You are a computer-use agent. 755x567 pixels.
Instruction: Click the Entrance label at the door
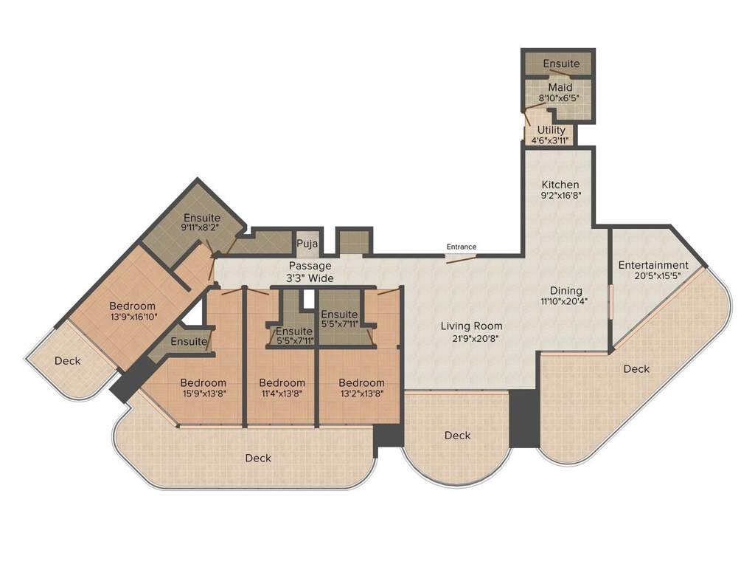click(x=462, y=247)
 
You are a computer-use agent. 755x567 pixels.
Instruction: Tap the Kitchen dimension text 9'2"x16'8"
click(x=560, y=197)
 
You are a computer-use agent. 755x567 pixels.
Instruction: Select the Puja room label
click(x=307, y=244)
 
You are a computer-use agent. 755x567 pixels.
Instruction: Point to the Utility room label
click(x=552, y=130)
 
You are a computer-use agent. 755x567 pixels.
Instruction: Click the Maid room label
click(x=560, y=88)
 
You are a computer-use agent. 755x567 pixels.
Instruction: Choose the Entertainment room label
click(x=653, y=265)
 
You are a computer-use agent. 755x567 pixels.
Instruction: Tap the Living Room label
click(x=472, y=326)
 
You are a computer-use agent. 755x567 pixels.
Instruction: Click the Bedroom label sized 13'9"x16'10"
click(x=133, y=306)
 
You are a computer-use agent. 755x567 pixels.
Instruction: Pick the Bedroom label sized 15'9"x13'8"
click(x=203, y=382)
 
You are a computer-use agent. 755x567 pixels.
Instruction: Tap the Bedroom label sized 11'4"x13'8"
click(x=282, y=382)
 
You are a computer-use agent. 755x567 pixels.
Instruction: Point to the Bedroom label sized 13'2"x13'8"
click(x=361, y=382)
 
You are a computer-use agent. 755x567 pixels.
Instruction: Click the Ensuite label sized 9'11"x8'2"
click(x=202, y=218)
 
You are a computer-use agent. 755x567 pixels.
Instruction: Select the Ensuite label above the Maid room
click(x=561, y=64)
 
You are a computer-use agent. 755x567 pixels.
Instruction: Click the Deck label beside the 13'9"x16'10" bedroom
click(x=68, y=361)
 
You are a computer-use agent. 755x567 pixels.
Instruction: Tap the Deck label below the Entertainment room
click(x=636, y=368)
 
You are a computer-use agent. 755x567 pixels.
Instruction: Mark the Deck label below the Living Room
click(x=457, y=436)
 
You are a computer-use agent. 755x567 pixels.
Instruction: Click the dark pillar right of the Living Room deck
click(x=524, y=418)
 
